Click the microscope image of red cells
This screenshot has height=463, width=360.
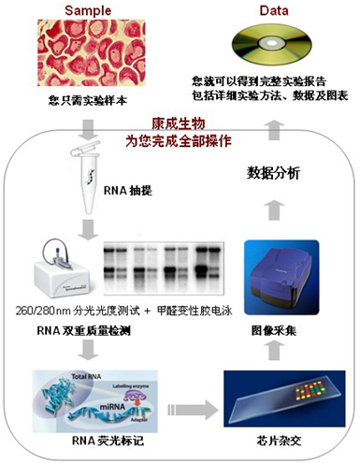click(x=87, y=52)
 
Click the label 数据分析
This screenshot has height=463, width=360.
click(x=272, y=172)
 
